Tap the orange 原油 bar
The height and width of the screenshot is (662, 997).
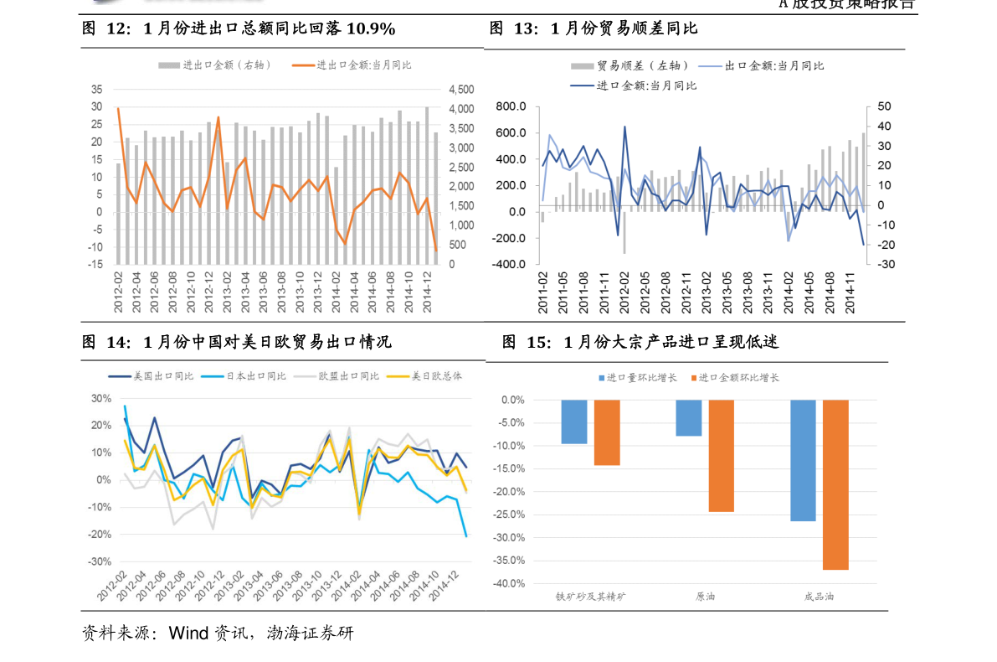click(721, 455)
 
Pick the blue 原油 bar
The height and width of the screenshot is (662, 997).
click(688, 418)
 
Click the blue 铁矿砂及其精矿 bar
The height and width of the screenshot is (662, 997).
click(573, 422)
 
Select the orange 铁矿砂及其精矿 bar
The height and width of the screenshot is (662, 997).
click(606, 432)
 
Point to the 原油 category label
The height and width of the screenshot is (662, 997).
click(705, 597)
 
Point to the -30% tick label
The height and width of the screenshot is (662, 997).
click(100, 561)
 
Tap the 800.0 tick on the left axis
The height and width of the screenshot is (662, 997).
click(511, 106)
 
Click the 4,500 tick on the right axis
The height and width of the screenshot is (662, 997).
click(461, 90)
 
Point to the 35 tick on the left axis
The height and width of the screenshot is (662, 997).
click(97, 90)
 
